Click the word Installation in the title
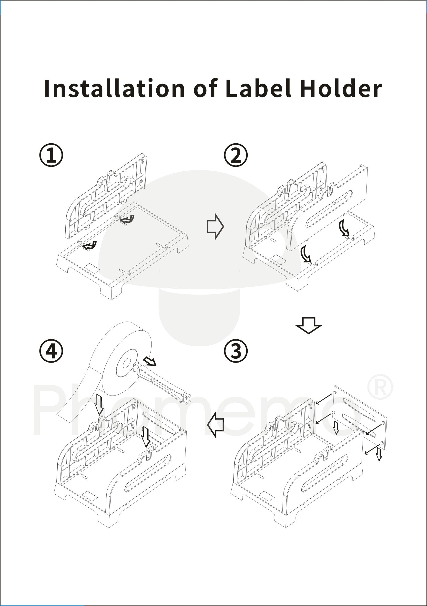114,88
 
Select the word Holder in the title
341,88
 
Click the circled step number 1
51,155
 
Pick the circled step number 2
235,155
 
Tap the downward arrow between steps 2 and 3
308,325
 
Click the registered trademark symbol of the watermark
380,387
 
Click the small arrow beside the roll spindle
150,362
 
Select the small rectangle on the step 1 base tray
91,268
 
